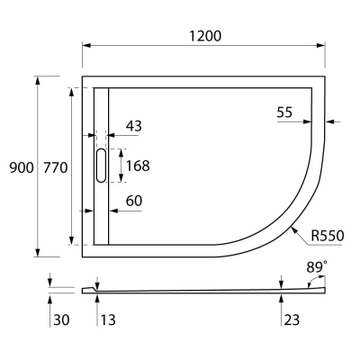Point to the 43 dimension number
[133, 126]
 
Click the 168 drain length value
[138, 166]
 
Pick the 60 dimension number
[133, 200]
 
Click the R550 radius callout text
[328, 236]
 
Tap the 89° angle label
[316, 267]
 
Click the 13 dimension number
[107, 318]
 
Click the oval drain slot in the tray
[99, 166]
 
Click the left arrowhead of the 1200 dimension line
[86, 44]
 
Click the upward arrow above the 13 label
[97, 297]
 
